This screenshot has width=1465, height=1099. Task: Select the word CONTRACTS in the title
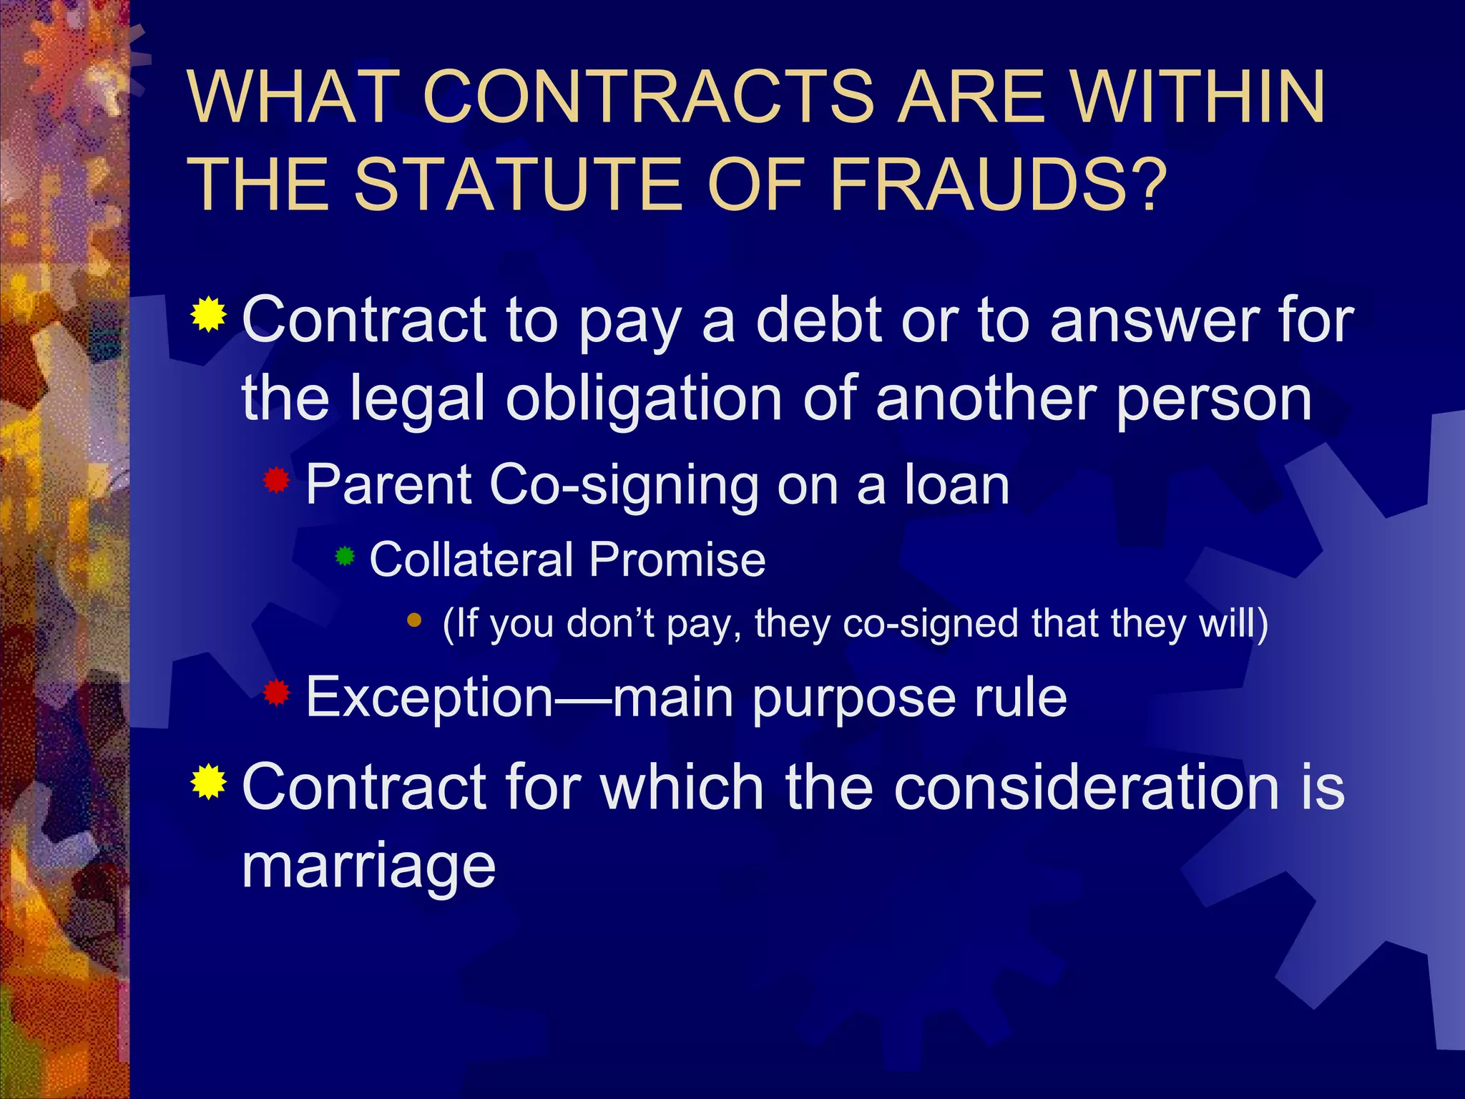[648, 97]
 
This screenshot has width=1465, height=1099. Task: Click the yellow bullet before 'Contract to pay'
[209, 314]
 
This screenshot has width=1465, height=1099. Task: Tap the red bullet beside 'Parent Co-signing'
[276, 481]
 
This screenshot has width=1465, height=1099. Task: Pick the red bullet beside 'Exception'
[276, 693]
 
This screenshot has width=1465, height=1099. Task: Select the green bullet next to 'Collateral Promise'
[345, 556]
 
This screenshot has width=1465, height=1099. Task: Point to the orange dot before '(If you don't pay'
[414, 620]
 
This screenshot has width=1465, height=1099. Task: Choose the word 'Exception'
[429, 697]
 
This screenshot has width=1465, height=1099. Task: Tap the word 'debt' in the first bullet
[818, 320]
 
